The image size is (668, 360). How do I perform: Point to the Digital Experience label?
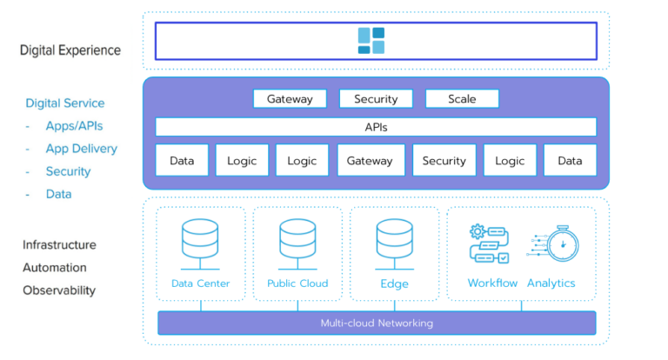pos(70,50)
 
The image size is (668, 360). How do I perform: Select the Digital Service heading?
pos(64,103)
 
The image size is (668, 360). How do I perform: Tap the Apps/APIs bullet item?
pos(74,126)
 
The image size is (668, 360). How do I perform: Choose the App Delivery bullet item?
pos(81,149)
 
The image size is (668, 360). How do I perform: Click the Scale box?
pos(462,99)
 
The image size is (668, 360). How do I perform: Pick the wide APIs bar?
pos(376,127)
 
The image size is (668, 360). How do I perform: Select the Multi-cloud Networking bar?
pos(376,323)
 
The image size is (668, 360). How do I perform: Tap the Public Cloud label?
pos(297,283)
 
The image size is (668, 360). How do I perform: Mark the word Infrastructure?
pos(59,245)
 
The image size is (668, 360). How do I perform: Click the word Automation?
pos(55,268)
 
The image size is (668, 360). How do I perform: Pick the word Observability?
pos(59,290)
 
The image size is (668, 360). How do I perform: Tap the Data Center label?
pos(200,283)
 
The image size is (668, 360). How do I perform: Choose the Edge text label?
pos(395,283)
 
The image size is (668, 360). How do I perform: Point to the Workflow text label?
pos(492,283)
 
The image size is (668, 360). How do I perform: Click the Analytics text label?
pos(551,283)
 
